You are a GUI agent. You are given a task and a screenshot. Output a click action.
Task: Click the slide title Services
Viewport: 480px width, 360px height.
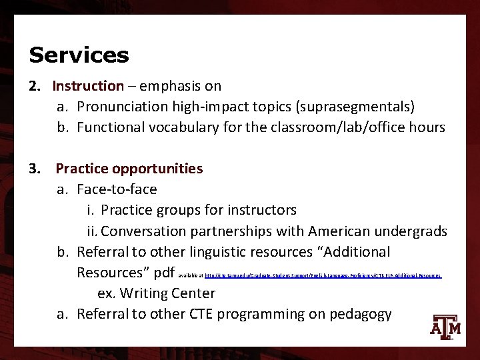pyautogui.click(x=79, y=55)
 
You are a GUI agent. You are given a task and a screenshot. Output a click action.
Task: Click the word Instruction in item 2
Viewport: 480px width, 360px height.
pyautogui.click(x=88, y=86)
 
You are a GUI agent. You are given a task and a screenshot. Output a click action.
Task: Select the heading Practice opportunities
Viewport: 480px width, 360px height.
pyautogui.click(x=129, y=169)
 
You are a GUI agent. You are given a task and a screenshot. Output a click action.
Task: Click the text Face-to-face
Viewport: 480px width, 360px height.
pyautogui.click(x=117, y=189)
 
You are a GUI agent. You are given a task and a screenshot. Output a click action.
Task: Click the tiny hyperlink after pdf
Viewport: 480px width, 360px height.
pyautogui.click(x=323, y=275)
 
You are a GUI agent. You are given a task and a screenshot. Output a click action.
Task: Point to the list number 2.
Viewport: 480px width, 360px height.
pyautogui.click(x=35, y=86)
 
